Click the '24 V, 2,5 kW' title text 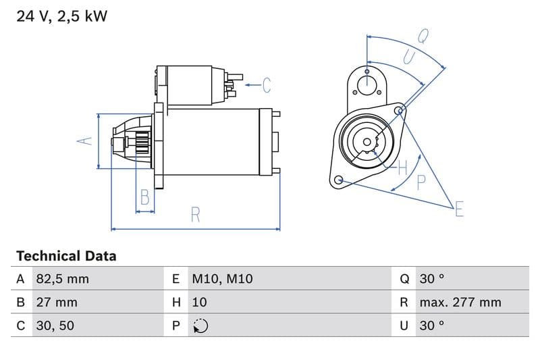[x=61, y=16]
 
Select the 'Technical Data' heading [x=66, y=256]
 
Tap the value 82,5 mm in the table [x=62, y=279]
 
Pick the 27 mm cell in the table [x=57, y=302]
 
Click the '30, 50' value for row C [x=55, y=326]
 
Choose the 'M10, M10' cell [x=222, y=279]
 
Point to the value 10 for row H [x=199, y=302]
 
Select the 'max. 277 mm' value [x=460, y=302]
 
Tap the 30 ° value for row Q [x=431, y=279]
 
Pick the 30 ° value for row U [x=431, y=326]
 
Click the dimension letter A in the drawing [x=84, y=141]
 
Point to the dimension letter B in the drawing [x=144, y=197]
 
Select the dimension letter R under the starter [x=195, y=215]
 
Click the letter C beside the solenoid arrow [x=267, y=85]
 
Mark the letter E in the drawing [x=459, y=209]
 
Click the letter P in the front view [x=421, y=182]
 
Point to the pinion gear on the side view [x=142, y=143]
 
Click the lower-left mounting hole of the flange [x=339, y=180]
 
